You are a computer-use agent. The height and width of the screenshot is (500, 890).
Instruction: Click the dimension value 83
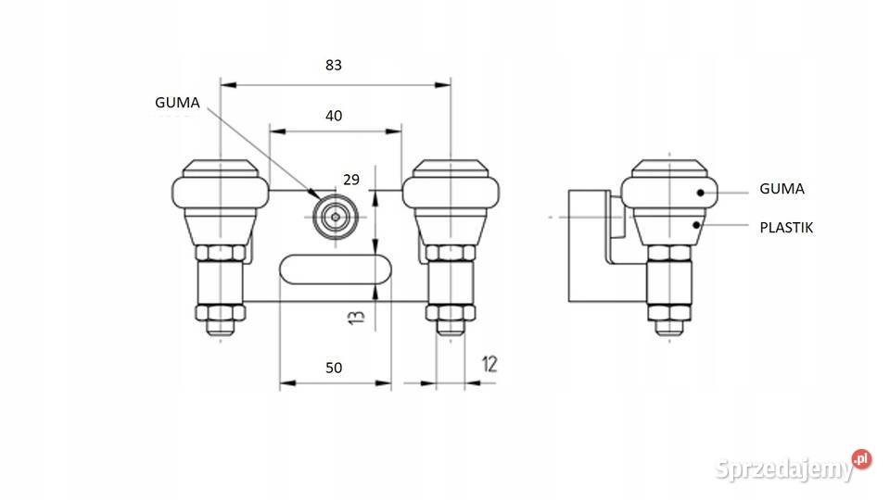[334, 65]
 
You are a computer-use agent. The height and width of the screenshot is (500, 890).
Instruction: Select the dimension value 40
[334, 116]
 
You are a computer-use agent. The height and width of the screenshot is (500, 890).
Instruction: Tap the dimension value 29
[351, 180]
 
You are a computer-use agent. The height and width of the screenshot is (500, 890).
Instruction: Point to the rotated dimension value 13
[356, 316]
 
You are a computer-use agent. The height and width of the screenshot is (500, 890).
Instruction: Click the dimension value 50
[334, 368]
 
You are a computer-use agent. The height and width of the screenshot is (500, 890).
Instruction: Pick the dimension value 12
[489, 364]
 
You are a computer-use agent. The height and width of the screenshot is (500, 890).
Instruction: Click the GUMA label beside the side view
[782, 189]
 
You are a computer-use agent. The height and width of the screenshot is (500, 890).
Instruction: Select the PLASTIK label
[786, 228]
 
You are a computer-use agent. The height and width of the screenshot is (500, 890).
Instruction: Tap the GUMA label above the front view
[177, 103]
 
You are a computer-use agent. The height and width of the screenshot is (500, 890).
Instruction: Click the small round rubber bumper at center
[336, 217]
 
